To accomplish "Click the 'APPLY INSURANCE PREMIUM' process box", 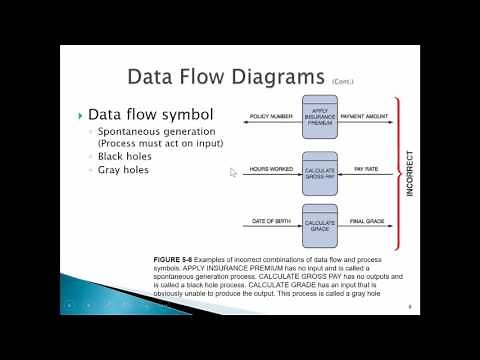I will pyautogui.click(x=320, y=117).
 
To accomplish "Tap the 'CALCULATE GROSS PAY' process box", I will pyautogui.click(x=320, y=170).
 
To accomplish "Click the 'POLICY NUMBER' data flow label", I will pyautogui.click(x=271, y=116).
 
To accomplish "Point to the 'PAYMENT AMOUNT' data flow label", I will pyautogui.click(x=365, y=116).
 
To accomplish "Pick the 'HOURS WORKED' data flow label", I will pyautogui.click(x=272, y=169).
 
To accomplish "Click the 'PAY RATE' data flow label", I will pyautogui.click(x=367, y=169).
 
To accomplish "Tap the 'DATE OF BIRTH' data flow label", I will pyautogui.click(x=272, y=221).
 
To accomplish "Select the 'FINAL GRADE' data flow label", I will pyautogui.click(x=366, y=221).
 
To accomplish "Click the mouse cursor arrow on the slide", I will pyautogui.click(x=234, y=172).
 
